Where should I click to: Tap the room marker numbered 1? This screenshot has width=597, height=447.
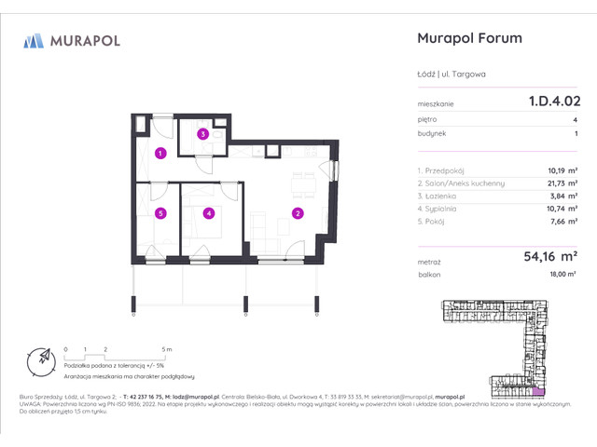coord(160,153)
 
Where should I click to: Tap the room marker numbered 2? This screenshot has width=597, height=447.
coord(298,213)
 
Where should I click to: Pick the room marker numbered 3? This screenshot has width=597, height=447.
coord(202,134)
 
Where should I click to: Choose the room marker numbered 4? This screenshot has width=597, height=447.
coord(209,212)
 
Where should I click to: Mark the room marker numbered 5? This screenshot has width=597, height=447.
coord(160,212)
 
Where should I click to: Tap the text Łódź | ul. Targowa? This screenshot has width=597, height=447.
coord(451,75)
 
